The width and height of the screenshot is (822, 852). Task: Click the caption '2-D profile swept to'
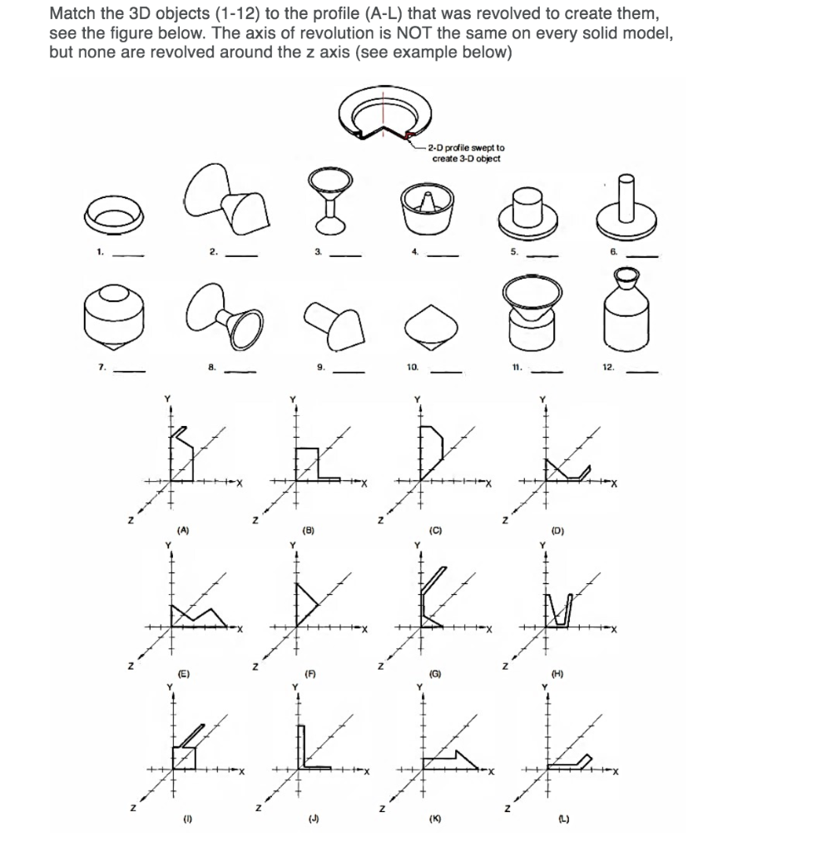[467, 148]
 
